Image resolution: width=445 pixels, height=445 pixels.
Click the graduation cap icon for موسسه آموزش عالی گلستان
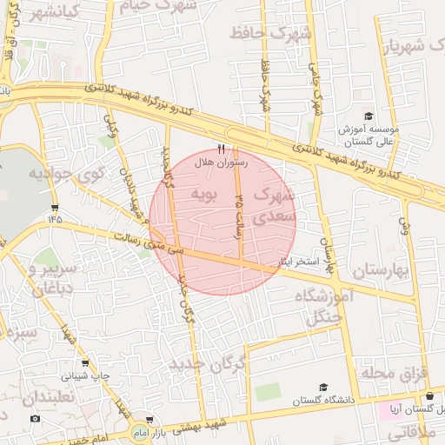[368, 116]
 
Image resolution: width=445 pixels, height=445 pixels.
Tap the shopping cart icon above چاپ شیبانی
[85, 363]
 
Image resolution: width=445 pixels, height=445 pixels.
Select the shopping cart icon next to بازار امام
[149, 420]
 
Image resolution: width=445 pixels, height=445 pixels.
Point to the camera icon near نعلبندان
[35, 419]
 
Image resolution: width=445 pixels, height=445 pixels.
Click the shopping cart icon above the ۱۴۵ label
[56, 208]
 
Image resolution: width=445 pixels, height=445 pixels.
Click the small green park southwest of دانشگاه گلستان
[269, 391]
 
